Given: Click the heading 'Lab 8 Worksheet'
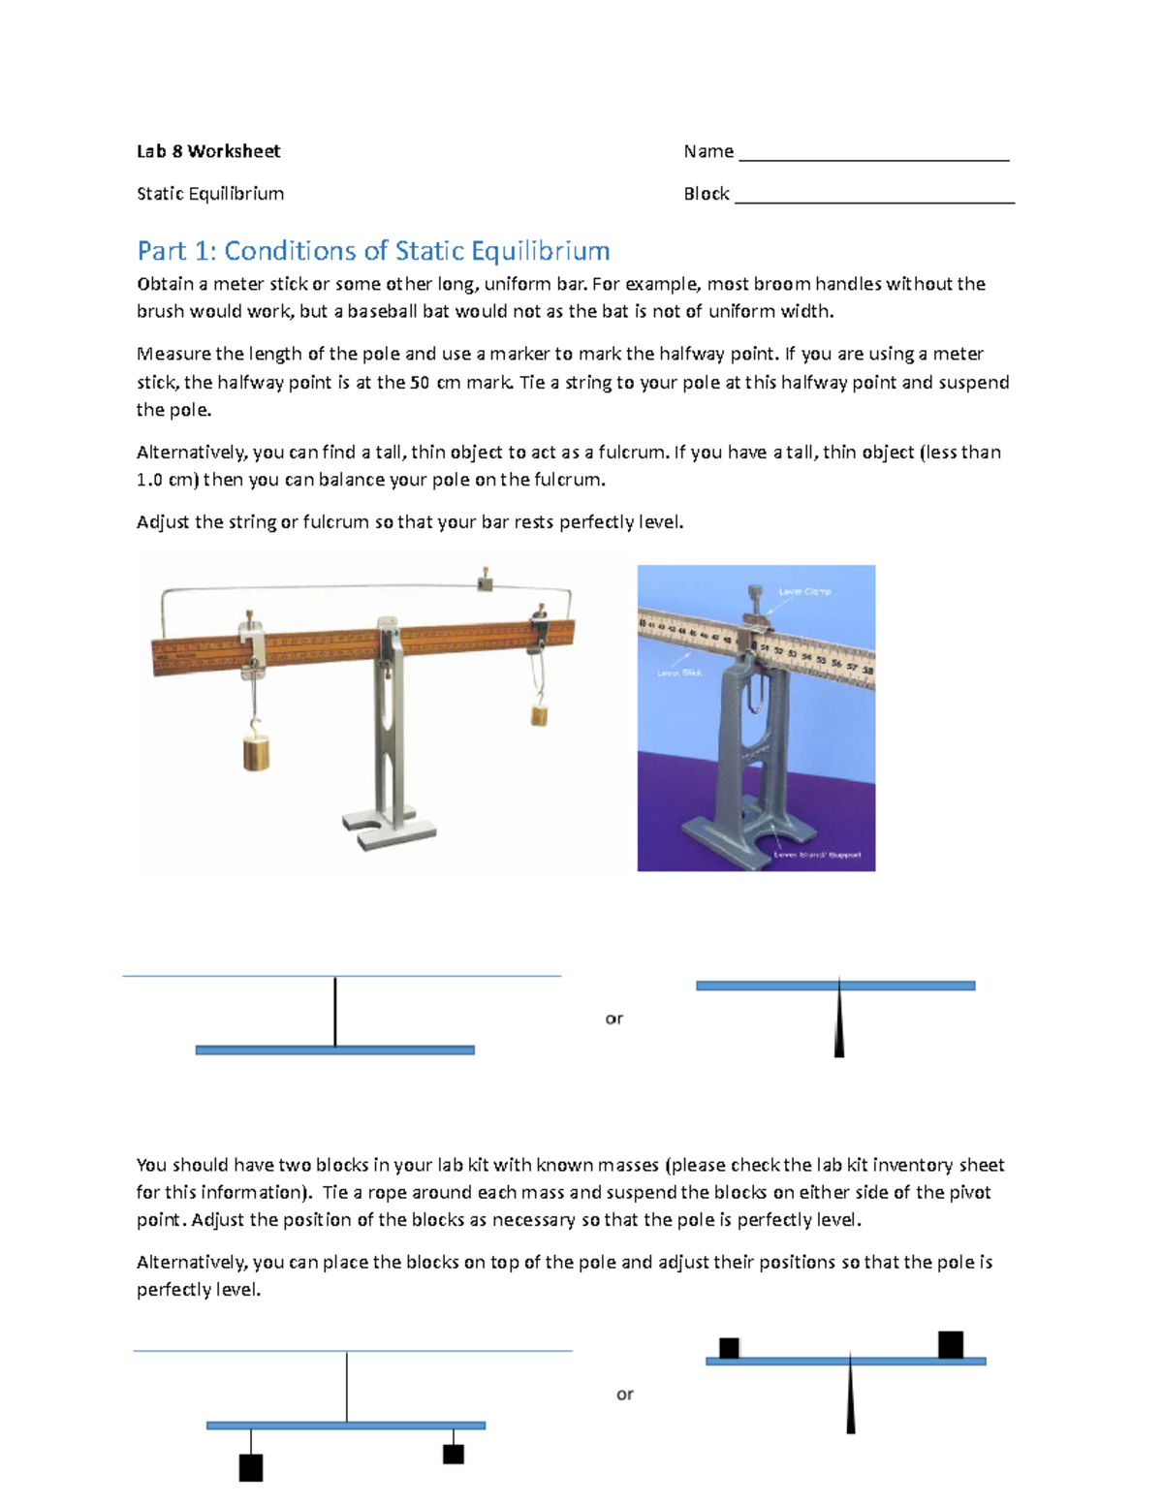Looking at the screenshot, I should tap(208, 151).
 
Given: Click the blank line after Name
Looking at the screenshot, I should tap(873, 155).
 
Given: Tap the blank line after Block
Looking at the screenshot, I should tap(874, 197).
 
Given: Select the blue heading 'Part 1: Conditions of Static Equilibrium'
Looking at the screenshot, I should tap(373, 251).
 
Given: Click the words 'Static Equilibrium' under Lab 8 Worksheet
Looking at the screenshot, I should tap(210, 194).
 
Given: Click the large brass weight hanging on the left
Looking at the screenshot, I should tap(256, 752).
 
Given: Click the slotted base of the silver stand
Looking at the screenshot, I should tap(389, 830).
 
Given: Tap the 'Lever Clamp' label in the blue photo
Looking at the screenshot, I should tap(804, 591).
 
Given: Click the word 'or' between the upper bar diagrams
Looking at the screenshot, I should tap(613, 1019).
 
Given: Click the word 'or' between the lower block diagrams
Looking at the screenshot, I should tap(624, 1395).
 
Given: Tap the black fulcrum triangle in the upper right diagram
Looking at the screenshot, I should tap(839, 1027).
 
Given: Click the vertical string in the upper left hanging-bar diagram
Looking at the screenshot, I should tap(335, 1012).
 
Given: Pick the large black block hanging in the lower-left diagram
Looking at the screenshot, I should tap(251, 1467).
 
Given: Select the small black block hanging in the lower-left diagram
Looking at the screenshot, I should tap(453, 1454).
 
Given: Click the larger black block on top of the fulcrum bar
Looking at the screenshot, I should tap(950, 1344).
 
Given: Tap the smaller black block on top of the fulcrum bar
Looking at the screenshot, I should tap(729, 1347).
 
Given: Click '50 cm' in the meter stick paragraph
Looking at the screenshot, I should tap(434, 382).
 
